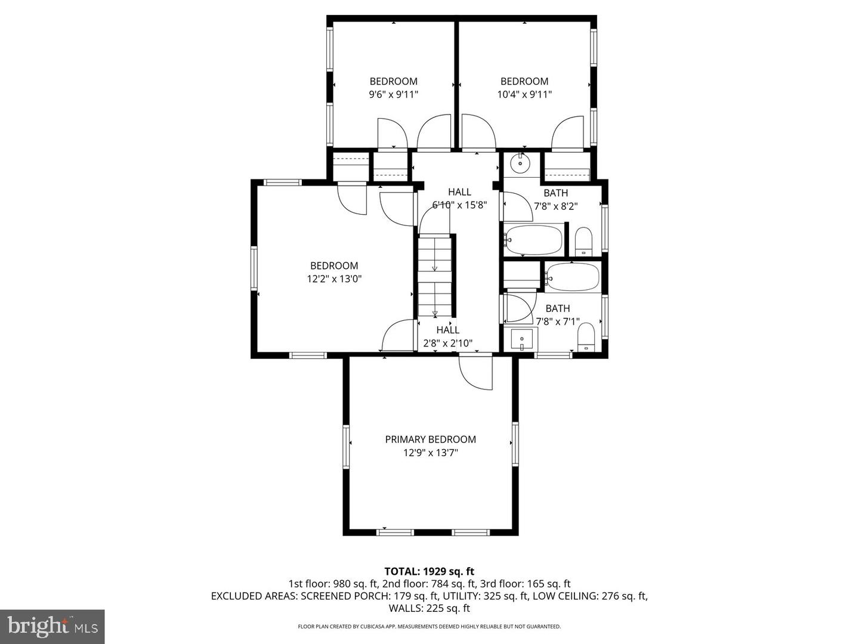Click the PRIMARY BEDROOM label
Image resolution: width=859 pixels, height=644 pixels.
pos(430,439)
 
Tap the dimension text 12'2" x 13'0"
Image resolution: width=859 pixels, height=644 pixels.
pos(334,278)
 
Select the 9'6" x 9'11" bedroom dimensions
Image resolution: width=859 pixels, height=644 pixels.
pos(393,94)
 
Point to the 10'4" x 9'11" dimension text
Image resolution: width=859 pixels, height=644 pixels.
pos(524,94)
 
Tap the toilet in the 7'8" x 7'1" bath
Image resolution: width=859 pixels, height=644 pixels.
pos(586,338)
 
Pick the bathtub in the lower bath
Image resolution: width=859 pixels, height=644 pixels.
pos(572,277)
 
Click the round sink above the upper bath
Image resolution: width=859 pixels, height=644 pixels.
pos(520,163)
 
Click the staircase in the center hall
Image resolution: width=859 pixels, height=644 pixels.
pos(435,275)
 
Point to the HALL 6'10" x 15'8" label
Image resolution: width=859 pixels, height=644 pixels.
pos(459,199)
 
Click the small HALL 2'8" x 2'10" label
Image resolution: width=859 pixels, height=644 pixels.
pos(447,337)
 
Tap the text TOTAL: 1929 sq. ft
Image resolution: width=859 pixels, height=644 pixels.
pos(429,571)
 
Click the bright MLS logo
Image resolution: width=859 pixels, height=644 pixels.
pos(52,626)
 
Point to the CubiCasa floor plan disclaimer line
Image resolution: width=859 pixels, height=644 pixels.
pos(429,627)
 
